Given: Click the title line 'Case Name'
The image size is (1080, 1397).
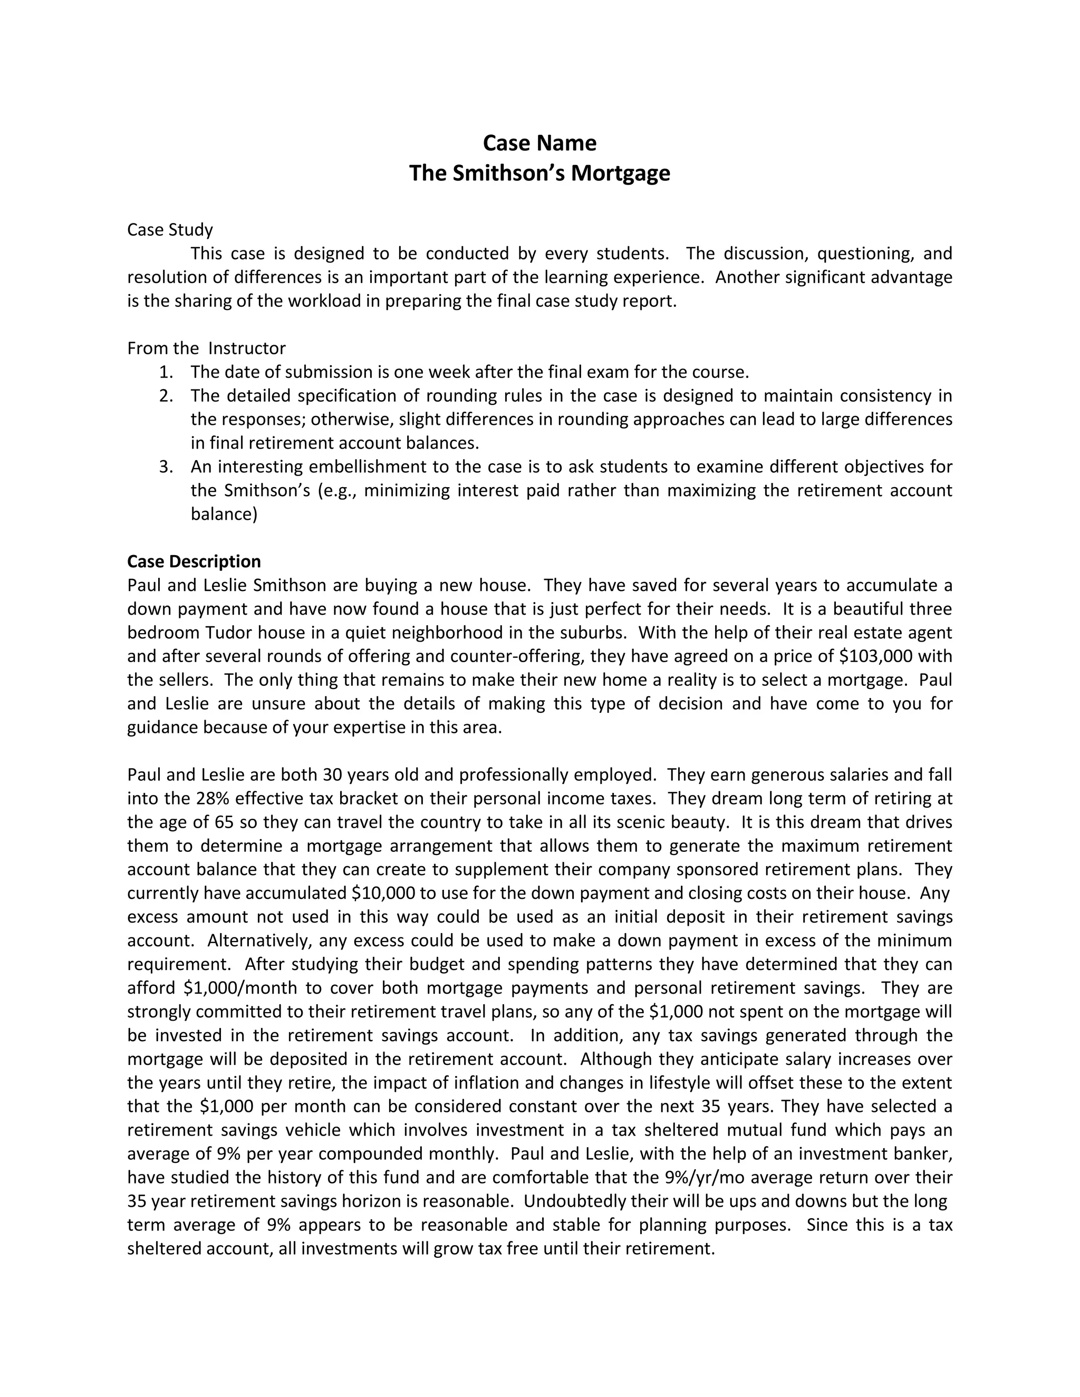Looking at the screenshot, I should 539,143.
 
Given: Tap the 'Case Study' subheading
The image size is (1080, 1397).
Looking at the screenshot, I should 170,230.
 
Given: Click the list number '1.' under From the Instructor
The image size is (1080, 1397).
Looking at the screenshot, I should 166,372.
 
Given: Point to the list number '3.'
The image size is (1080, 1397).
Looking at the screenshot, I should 166,467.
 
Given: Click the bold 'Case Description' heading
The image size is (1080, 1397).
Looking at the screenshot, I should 194,561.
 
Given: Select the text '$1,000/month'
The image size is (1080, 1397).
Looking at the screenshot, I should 240,987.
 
